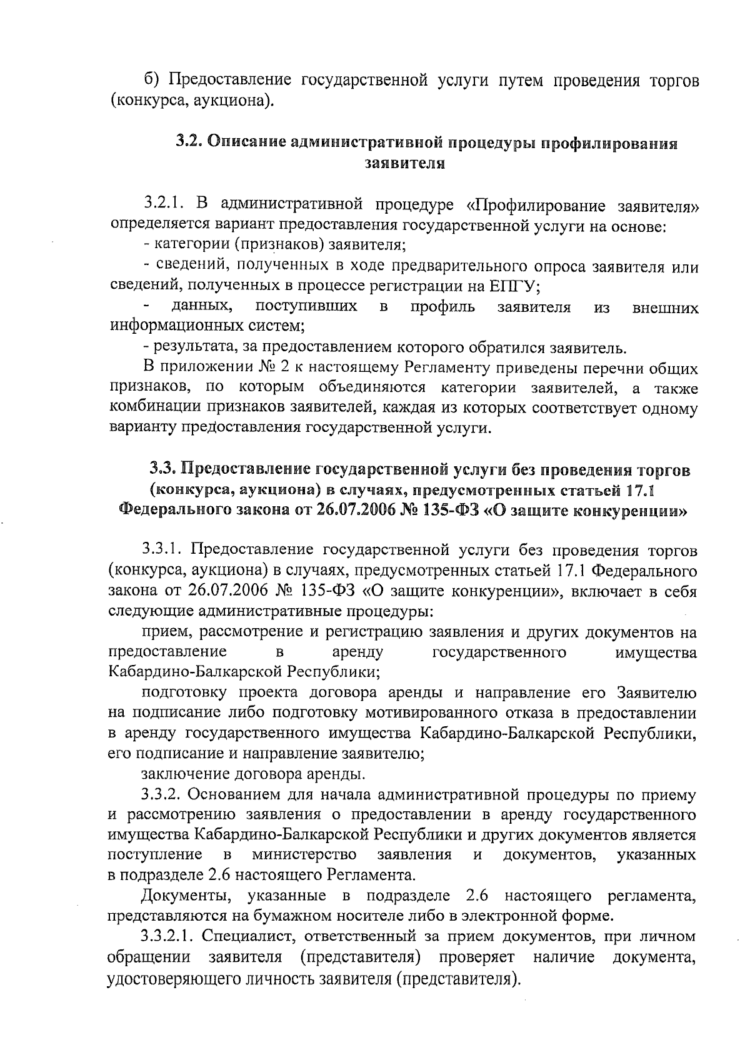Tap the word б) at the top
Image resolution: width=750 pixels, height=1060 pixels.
point(153,81)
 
